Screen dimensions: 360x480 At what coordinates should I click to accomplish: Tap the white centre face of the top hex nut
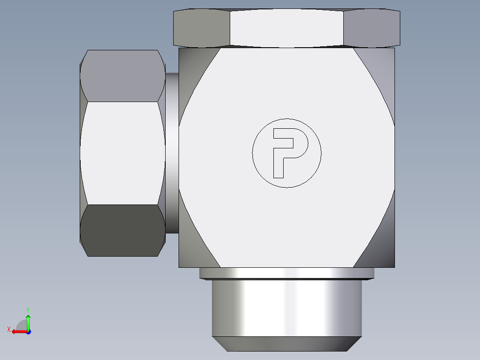[x=287, y=28]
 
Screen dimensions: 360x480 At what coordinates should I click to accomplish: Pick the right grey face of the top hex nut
[x=372, y=28]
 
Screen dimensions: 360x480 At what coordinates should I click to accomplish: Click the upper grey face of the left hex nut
[x=121, y=76]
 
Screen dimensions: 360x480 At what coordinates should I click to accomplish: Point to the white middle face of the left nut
[x=121, y=153]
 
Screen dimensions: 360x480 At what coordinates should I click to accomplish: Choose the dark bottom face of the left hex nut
[x=121, y=230]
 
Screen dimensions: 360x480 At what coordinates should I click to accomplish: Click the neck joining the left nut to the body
[x=172, y=153]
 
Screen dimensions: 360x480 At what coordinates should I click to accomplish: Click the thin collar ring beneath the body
[x=287, y=273]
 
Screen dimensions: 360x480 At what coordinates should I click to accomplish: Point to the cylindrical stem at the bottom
[x=287, y=307]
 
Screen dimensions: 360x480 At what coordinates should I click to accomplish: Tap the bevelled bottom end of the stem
[x=287, y=344]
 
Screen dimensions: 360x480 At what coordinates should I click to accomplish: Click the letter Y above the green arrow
[x=28, y=309]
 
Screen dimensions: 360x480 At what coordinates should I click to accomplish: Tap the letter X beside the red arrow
[x=8, y=329]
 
